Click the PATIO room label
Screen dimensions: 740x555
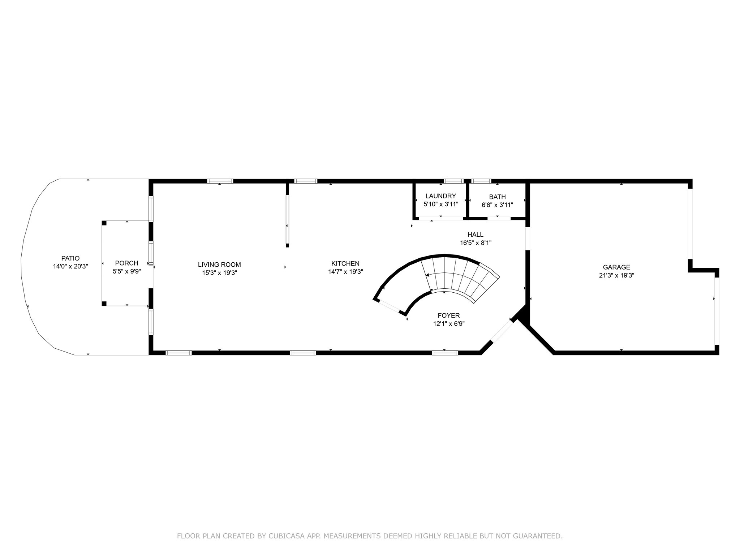[70, 258]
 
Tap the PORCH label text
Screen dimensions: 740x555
[126, 263]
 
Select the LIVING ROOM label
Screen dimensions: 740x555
[219, 265]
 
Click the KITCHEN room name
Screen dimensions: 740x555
[345, 264]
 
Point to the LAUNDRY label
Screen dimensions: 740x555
[441, 196]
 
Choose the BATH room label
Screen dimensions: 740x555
[498, 197]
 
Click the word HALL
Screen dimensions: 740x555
[476, 235]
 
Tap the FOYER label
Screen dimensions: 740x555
[449, 316]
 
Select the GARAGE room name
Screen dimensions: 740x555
[616, 267]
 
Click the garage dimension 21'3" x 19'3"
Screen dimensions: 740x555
[616, 275]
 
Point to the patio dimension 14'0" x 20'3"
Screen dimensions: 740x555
[70, 266]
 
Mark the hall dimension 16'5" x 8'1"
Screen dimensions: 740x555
[476, 243]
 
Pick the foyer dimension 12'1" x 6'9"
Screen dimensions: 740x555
[449, 324]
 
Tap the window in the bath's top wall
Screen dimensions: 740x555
[481, 181]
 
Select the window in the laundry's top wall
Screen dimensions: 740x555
[453, 181]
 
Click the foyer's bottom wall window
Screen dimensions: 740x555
[445, 353]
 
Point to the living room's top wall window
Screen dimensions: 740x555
[220, 181]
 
